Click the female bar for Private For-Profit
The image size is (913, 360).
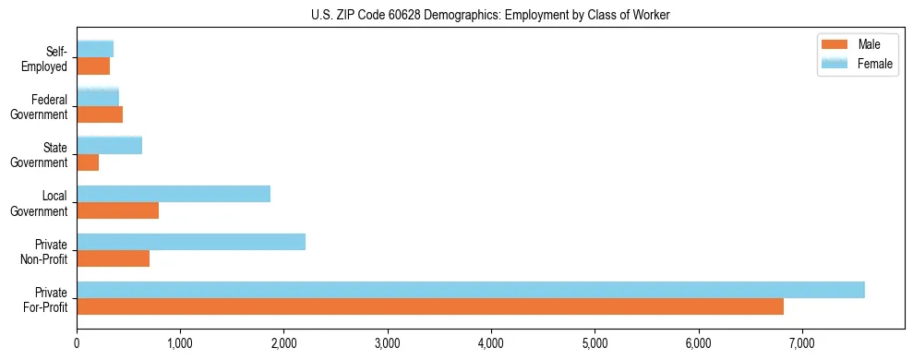point(471,290)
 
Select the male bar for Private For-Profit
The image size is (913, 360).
point(430,306)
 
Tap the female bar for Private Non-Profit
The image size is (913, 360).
point(191,242)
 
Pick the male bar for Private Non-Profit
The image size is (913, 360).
point(113,258)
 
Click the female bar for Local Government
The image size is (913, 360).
point(174,194)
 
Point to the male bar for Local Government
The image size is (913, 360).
point(117,210)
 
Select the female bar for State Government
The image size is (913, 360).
point(109,145)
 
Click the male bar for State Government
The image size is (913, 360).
point(88,162)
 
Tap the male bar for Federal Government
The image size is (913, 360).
point(100,114)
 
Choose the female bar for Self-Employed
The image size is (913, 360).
point(95,49)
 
